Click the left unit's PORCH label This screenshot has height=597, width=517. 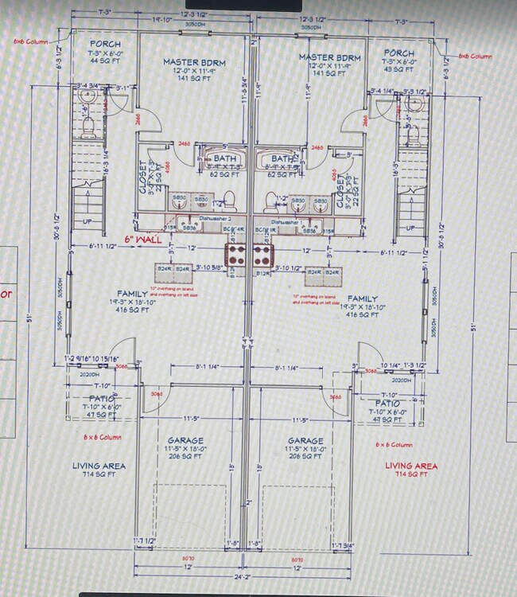(105, 44)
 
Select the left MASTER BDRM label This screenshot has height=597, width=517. (192, 61)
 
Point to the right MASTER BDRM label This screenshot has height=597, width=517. (329, 58)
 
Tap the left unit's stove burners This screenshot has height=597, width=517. (237, 255)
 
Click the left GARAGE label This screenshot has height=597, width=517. (185, 440)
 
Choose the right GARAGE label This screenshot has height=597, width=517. (305, 440)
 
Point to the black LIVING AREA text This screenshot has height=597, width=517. (99, 466)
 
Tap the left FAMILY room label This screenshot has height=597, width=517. (133, 294)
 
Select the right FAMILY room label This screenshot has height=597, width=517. (362, 298)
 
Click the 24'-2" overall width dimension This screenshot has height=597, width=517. (243, 576)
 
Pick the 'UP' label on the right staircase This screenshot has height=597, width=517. (410, 228)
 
